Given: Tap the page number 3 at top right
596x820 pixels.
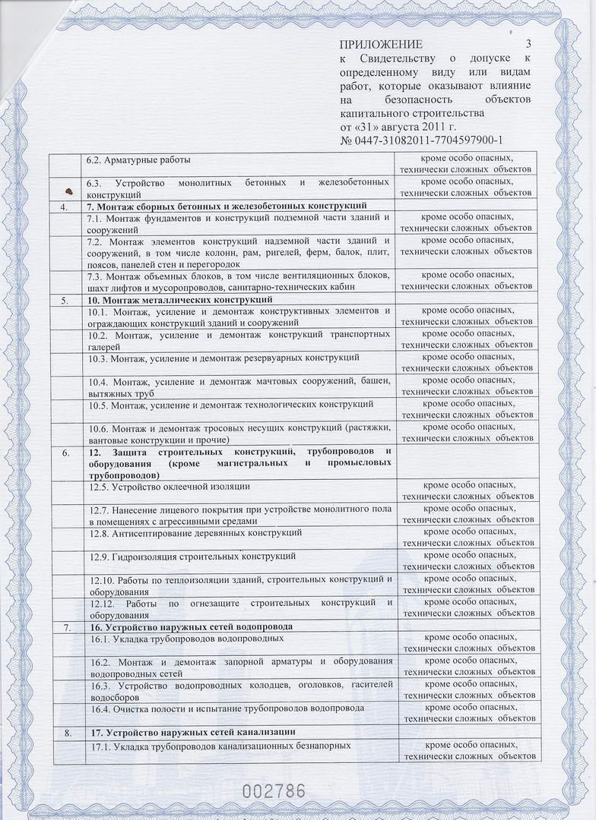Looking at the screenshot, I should tap(528, 45).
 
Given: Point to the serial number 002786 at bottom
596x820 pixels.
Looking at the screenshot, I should tap(274, 790).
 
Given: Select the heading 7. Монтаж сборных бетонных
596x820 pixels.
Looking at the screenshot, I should tap(227, 206).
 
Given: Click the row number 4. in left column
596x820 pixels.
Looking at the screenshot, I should tap(66, 206).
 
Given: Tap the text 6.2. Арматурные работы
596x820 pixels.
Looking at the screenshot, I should tap(138, 159).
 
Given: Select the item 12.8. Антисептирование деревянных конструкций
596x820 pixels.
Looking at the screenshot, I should tap(195, 532).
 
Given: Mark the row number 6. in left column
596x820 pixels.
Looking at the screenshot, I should tap(66, 453).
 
